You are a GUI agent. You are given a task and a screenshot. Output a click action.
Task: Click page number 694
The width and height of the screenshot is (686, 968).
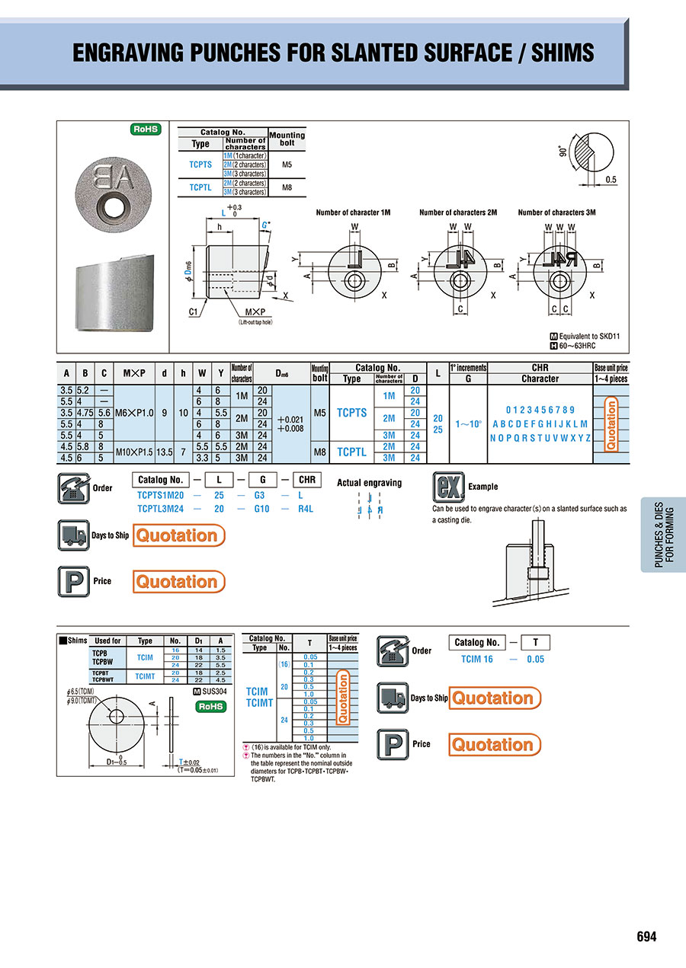(646, 937)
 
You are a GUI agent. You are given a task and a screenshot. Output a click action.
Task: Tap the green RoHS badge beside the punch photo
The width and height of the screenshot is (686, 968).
(146, 129)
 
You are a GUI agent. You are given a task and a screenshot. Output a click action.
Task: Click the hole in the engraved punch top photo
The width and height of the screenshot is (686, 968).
(114, 206)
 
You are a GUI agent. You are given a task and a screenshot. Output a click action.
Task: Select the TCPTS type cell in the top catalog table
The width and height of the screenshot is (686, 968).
(200, 164)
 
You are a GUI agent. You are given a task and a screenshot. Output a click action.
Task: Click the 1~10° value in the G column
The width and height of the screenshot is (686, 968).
(468, 423)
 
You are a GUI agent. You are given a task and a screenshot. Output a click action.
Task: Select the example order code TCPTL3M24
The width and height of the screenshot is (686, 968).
(161, 509)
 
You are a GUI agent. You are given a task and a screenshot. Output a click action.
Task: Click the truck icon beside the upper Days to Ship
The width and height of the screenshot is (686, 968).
(72, 535)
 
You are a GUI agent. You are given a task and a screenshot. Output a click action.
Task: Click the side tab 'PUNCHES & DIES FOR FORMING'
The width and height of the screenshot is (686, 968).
(664, 535)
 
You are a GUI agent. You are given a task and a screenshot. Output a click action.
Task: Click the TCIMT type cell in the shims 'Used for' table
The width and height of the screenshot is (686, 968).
(145, 676)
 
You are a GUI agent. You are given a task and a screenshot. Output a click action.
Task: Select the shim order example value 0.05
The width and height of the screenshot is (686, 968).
(535, 659)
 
